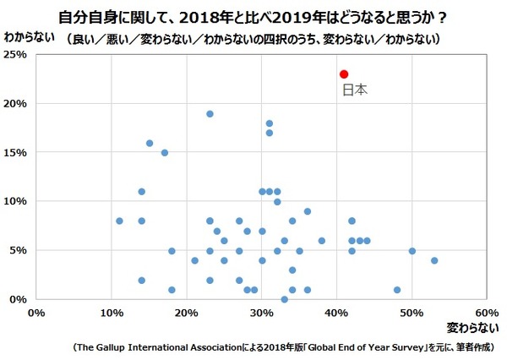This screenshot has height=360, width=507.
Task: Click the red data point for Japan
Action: (344, 74)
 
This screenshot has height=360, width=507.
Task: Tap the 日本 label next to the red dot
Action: (354, 89)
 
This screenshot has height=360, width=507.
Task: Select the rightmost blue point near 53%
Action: (434, 260)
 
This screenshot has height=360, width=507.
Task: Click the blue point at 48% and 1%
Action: (397, 290)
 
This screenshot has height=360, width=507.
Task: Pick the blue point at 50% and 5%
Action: (412, 251)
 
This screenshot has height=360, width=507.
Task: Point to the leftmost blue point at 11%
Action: (119, 221)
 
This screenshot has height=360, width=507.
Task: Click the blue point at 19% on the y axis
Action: (210, 114)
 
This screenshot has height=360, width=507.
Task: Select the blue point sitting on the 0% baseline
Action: (284, 299)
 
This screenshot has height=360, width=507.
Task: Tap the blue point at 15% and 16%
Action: (150, 144)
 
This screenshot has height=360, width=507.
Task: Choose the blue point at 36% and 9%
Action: (307, 211)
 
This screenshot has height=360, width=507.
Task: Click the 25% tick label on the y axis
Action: (17, 55)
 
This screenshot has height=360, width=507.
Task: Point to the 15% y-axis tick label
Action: (17, 153)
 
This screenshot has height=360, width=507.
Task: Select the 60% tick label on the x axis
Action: (487, 312)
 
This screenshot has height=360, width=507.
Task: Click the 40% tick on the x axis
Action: (336, 312)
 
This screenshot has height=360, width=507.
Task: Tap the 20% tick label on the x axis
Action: (187, 312)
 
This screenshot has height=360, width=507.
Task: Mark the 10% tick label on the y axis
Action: (17, 202)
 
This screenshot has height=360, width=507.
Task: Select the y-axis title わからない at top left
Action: (30, 38)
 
